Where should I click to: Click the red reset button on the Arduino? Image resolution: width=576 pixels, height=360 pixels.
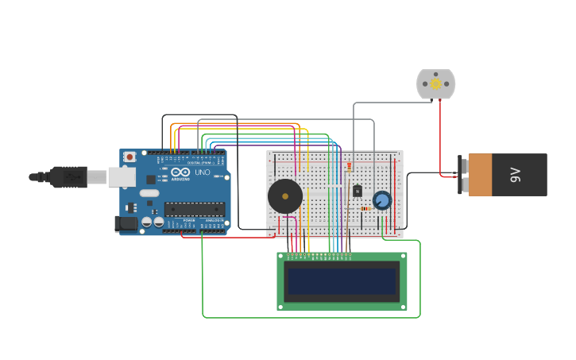pos(130,157)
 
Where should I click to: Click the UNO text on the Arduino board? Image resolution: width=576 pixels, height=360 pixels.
pos(203,172)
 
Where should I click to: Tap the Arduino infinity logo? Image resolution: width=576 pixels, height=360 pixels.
pos(180,172)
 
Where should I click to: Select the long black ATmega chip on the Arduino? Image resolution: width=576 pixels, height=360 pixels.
pos(194,210)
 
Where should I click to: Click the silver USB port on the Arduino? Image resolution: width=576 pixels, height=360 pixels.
pos(122,176)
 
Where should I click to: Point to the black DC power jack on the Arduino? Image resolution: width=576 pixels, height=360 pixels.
pos(125,224)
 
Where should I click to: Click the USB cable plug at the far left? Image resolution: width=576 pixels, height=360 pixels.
pos(68,176)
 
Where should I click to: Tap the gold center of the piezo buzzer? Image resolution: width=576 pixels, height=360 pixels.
pos(284,196)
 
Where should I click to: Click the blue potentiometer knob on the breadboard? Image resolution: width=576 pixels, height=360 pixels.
pos(382,200)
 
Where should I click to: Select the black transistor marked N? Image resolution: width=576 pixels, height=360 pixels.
pos(358,191)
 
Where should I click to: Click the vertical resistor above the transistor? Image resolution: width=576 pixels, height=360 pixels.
pos(349,168)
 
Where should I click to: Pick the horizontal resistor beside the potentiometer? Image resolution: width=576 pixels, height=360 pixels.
pos(365,209)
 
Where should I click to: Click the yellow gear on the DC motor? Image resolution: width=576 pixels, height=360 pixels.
pos(435,83)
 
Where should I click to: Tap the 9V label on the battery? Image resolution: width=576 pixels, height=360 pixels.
pos(515,175)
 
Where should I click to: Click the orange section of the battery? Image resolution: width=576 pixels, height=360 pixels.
pos(480,175)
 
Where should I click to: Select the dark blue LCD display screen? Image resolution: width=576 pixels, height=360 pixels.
pos(342,281)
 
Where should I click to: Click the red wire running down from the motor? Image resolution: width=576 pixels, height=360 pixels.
pos(440,135)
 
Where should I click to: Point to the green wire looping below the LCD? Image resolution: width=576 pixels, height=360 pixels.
pos(310,317)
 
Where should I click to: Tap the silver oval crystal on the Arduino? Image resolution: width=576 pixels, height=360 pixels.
pos(149,193)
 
